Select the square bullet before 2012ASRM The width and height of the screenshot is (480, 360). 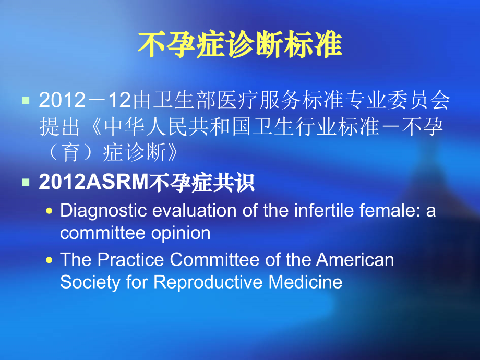pos(25,182)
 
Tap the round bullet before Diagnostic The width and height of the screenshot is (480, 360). pos(50,210)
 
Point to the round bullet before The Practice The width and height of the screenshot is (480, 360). pos(50,259)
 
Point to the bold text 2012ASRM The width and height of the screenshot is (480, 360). pos(94,183)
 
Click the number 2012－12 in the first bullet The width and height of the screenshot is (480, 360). pos(86,100)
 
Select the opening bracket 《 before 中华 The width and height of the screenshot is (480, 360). pos(92,126)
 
